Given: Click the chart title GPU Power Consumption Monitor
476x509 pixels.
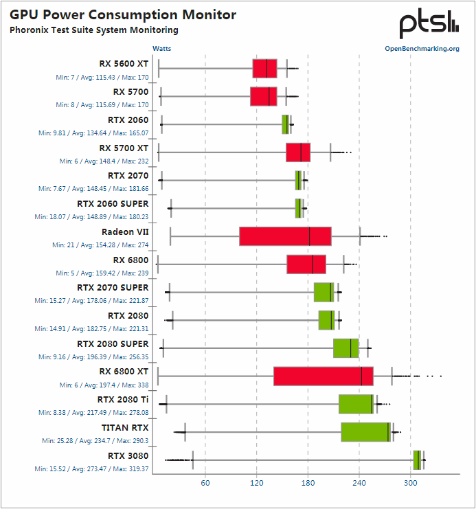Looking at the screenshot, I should pos(123,14).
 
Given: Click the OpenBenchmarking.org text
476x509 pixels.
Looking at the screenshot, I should pos(422,49).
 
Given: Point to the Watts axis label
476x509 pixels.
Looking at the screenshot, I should pos(162,49).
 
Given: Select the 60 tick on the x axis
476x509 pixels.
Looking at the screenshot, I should pos(205,484).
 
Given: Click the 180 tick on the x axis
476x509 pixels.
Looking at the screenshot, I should pos(308,484).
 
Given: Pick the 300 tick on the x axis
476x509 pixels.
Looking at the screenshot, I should pos(411,484).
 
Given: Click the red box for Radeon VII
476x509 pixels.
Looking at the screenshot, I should pos(285,236).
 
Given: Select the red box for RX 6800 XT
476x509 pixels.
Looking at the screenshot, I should pos(323,376).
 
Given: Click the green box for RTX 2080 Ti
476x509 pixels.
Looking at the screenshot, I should pos(356,404).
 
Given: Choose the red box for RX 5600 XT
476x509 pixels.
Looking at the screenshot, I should pos(264,69).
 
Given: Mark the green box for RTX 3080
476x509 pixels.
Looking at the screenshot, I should pos(417,460).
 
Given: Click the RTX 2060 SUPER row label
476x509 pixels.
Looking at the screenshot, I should pos(113,203).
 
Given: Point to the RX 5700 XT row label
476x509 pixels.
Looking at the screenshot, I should pos(124,147).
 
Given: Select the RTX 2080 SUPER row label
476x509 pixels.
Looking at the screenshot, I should pos(113,343).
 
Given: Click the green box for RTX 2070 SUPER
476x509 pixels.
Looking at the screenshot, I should pos(324,292).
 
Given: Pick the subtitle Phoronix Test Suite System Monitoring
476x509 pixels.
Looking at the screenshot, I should pos(93,30).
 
